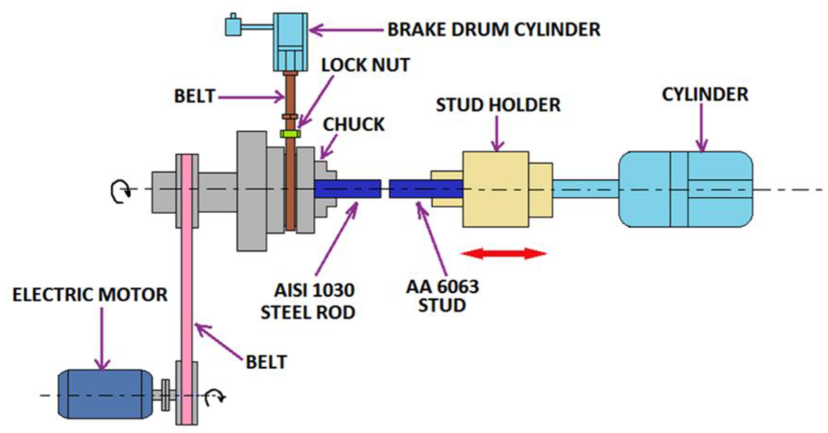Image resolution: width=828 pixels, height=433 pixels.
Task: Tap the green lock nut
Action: pyautogui.click(x=290, y=134)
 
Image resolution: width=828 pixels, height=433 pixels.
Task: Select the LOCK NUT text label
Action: pyautogui.click(x=365, y=65)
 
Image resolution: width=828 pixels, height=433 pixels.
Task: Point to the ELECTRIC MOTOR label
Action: pyautogui.click(x=90, y=295)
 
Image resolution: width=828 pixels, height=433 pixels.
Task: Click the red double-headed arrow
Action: pyautogui.click(x=503, y=253)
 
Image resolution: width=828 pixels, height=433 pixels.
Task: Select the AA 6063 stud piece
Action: pyautogui.click(x=425, y=189)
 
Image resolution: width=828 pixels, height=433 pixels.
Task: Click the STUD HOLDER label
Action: pyautogui.click(x=498, y=105)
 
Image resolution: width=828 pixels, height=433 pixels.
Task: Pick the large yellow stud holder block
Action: pyautogui.click(x=495, y=189)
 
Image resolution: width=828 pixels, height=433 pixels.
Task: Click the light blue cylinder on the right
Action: pyautogui.click(x=686, y=189)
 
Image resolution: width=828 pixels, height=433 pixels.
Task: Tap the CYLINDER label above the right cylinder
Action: pyautogui.click(x=705, y=94)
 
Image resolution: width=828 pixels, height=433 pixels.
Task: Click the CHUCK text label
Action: pyautogui.click(x=354, y=124)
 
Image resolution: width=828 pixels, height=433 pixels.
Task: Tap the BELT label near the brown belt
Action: pyautogui.click(x=195, y=96)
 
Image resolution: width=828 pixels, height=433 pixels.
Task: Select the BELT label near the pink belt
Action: pyautogui.click(x=266, y=362)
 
